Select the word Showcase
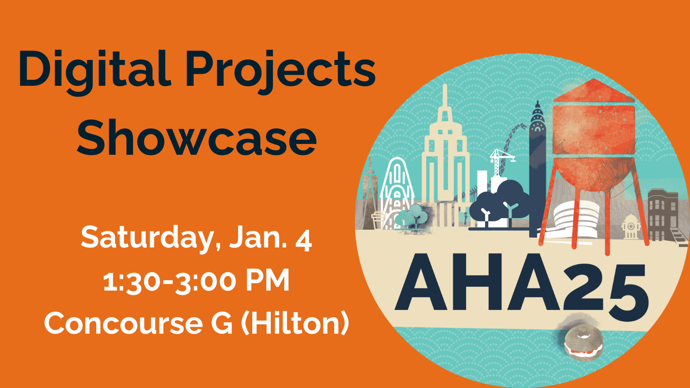pyautogui.click(x=197, y=137)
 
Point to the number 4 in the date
pyautogui.click(x=304, y=241)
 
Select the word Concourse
pyautogui.click(x=123, y=323)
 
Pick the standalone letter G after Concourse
pyautogui.click(x=222, y=323)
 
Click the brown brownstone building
pyautogui.click(x=663, y=215)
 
